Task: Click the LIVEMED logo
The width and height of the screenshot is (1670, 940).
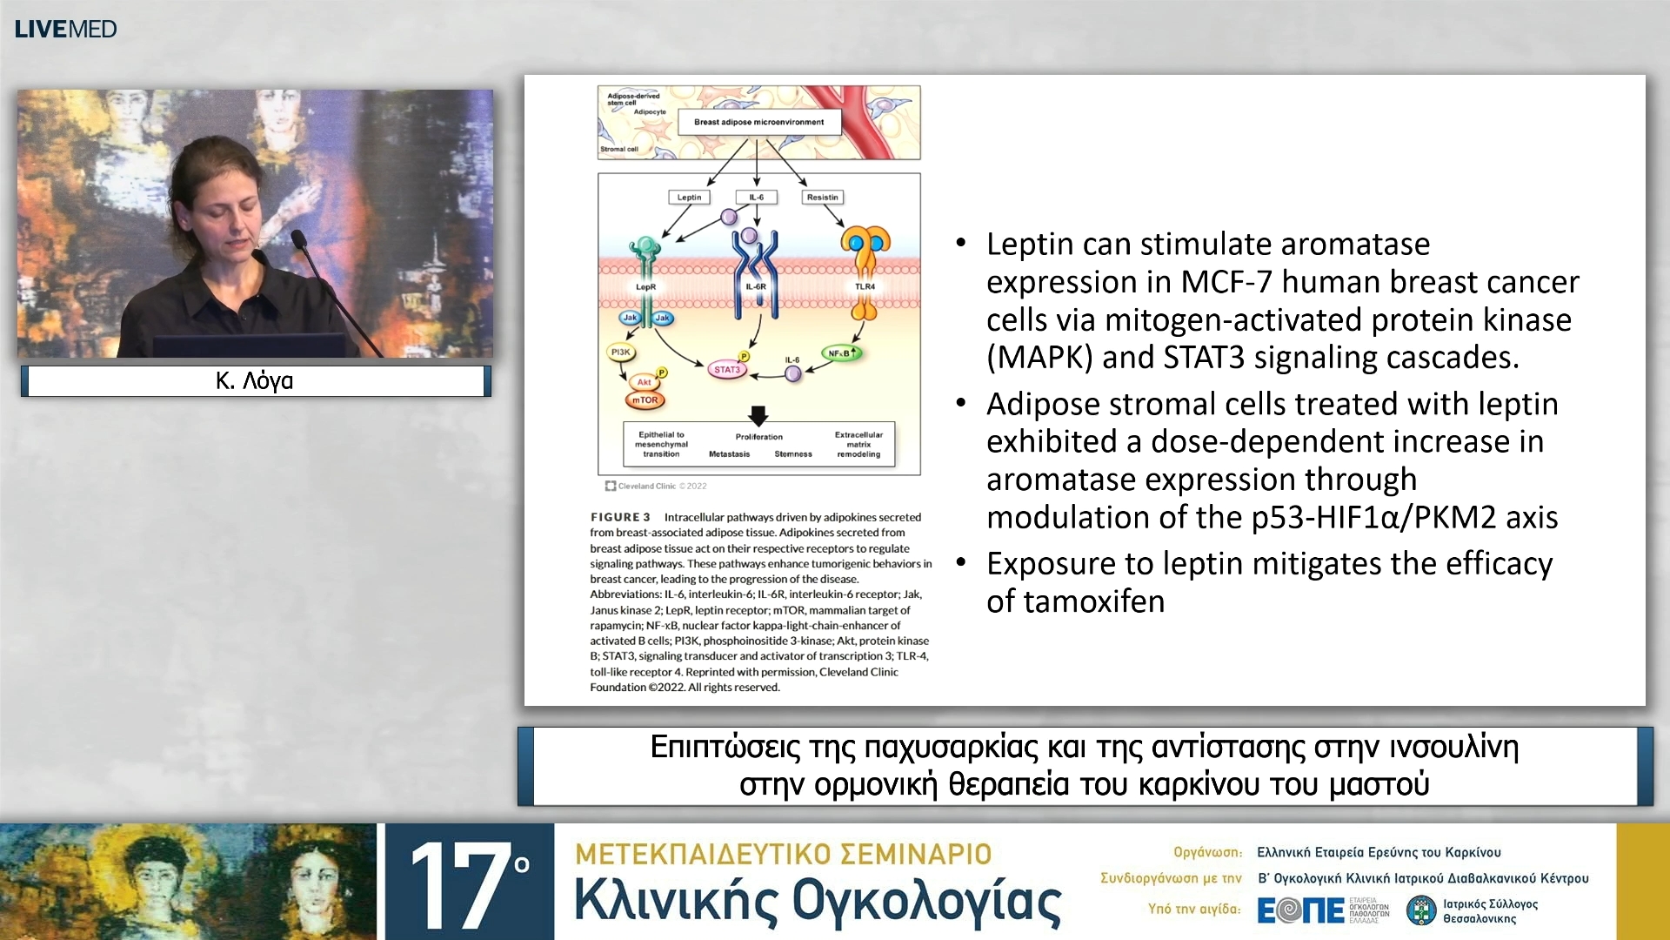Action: tap(65, 29)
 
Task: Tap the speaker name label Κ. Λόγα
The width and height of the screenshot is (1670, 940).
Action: tap(255, 380)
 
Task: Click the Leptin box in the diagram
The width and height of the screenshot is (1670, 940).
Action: tap(689, 198)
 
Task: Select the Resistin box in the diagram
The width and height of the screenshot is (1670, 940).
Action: tap(822, 198)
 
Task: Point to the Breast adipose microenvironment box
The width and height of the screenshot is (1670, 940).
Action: tap(758, 122)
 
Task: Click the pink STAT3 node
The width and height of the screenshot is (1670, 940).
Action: tap(726, 370)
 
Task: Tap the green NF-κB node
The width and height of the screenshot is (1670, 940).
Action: tap(841, 353)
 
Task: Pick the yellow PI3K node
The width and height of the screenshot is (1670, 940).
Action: tap(620, 352)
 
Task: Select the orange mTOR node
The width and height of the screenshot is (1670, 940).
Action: tap(645, 400)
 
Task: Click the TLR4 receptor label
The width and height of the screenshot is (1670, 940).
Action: tap(865, 286)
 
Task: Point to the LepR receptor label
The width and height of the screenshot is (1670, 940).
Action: tap(645, 286)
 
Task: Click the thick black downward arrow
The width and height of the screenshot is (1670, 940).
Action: tap(758, 414)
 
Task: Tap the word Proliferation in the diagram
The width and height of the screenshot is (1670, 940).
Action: tap(758, 437)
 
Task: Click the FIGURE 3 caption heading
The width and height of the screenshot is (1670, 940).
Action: tap(620, 517)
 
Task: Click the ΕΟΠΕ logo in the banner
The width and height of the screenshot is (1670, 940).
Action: tap(1301, 910)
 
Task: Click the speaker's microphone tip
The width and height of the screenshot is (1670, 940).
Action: tap(297, 236)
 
